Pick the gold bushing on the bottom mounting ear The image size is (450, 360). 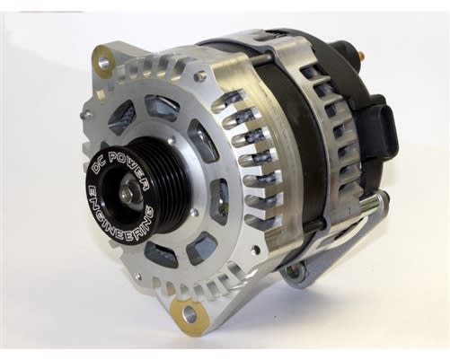tap(189, 313)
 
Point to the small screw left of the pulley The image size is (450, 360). tap(84, 115)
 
